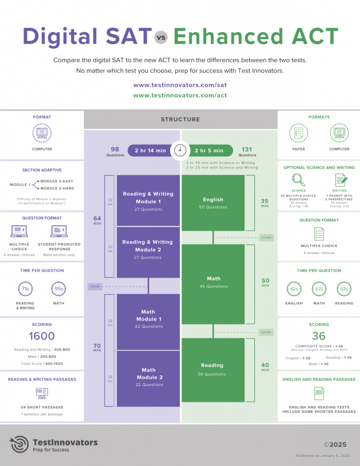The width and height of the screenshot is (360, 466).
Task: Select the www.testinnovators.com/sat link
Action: coord(180,85)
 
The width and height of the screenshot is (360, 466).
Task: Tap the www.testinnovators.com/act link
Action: coord(180,96)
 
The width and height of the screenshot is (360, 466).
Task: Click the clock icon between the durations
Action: coord(180,150)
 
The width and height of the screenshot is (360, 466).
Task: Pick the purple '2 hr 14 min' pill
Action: coord(150,151)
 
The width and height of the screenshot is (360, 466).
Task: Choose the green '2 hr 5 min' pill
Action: coord(210,151)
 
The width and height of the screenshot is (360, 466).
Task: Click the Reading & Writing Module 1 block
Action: coord(148,201)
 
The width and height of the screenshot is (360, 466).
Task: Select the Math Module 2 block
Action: coord(148,377)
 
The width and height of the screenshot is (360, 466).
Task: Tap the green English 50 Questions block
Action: coord(213,203)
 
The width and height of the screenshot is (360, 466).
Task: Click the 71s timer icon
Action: coord(25,289)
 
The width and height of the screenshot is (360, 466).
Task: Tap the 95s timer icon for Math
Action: coord(58,289)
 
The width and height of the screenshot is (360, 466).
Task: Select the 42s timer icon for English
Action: coord(294,289)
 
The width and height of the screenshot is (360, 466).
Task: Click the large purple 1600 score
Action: coord(42,336)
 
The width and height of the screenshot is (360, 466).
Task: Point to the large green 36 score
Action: coord(319,336)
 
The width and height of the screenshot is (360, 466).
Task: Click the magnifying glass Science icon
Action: coord(299,179)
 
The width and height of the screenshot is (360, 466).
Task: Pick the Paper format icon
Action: coord(299,133)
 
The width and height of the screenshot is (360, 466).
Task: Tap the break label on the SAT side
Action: coord(95,287)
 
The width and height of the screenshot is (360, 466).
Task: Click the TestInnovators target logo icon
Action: coord(20,445)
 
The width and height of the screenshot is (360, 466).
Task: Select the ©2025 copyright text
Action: coord(335,445)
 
